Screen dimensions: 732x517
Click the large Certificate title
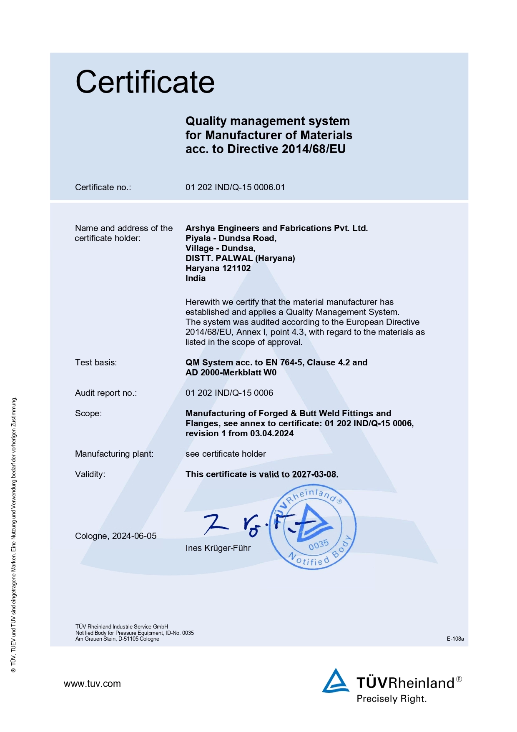[145, 82]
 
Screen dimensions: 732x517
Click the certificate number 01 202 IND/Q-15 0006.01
[235, 187]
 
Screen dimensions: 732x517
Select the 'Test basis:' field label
[96, 362]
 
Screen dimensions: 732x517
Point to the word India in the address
[196, 278]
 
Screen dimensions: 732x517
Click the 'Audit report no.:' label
[106, 393]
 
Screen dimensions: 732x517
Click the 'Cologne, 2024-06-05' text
[116, 536]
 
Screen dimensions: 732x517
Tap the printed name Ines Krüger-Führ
[218, 548]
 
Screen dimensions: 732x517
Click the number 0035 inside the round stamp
[319, 545]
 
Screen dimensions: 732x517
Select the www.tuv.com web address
[92, 684]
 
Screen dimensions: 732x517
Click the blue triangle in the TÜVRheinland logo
[335, 681]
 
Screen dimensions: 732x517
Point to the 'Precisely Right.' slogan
[392, 699]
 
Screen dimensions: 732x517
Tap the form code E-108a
[455, 639]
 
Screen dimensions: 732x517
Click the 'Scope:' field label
[88, 413]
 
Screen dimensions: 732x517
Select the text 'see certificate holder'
[226, 454]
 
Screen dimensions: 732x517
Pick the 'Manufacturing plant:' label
[114, 454]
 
